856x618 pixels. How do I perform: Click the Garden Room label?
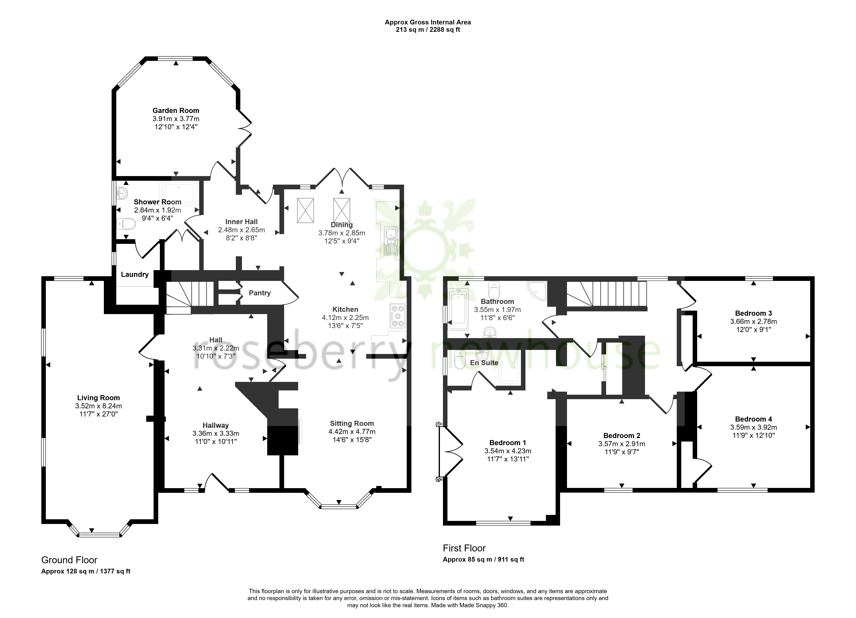tap(176, 111)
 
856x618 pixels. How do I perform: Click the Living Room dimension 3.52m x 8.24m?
tap(99, 406)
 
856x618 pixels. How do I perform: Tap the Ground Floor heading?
tap(69, 560)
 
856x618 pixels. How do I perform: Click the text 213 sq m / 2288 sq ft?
tap(428, 30)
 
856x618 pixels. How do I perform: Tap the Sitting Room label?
tap(352, 423)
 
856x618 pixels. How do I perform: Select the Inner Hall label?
tap(242, 222)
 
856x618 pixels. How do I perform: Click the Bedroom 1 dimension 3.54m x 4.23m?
tap(508, 451)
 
